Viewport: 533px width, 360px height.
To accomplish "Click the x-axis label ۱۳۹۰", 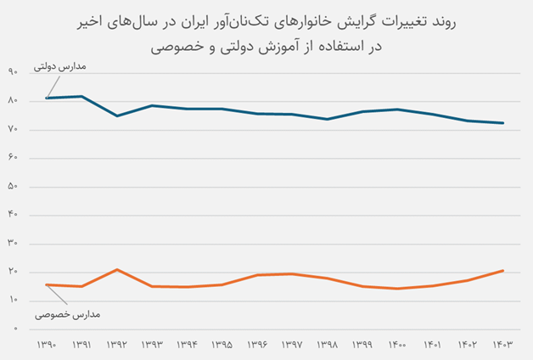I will (47, 346).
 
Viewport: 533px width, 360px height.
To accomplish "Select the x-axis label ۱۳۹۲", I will (116, 346).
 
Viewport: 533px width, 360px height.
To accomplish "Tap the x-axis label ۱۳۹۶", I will (257, 346).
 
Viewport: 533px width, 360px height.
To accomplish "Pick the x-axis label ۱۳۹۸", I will (328, 346).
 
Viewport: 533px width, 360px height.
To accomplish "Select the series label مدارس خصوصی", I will (68, 315).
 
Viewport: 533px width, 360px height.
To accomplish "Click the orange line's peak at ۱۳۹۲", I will (116, 269).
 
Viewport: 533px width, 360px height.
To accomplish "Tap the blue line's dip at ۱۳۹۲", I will (116, 115).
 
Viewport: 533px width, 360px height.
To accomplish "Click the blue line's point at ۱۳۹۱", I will (81, 96).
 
